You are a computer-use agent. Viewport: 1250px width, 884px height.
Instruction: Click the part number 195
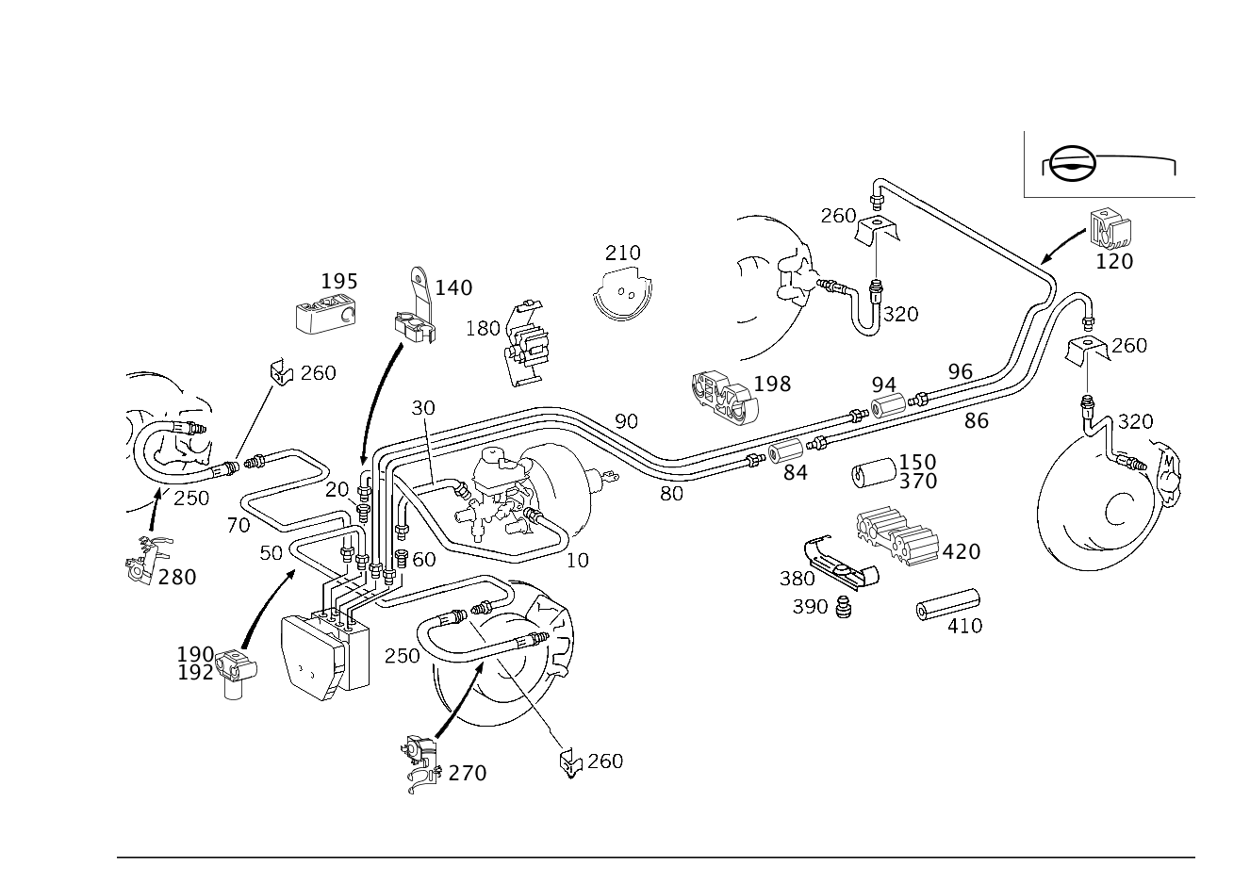tap(339, 281)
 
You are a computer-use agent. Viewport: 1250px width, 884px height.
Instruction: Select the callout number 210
tap(623, 254)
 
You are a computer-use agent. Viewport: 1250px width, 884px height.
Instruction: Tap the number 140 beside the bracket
tap(453, 287)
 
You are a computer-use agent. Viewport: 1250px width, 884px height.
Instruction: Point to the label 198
tap(772, 384)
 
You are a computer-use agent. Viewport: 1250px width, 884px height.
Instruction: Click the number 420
tap(962, 551)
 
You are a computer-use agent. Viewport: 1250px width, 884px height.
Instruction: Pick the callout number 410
tap(965, 626)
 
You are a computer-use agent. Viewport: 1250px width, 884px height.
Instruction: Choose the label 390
tap(811, 606)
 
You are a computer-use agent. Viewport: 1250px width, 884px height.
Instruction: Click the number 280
tap(177, 578)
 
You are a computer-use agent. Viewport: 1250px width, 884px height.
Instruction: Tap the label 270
tap(468, 773)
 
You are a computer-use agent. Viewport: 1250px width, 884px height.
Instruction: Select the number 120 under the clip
tap(1114, 262)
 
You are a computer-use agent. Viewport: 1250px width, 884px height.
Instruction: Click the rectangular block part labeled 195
tap(326, 314)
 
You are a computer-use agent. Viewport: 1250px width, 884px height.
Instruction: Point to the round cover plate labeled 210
tap(622, 294)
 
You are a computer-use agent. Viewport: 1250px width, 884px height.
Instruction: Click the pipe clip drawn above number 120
tap(1110, 229)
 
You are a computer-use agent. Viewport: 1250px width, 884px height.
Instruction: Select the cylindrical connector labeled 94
tap(888, 404)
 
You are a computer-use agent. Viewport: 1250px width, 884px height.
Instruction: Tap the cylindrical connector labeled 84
tap(785, 451)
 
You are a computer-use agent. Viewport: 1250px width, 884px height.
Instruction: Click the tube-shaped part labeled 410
tap(948, 604)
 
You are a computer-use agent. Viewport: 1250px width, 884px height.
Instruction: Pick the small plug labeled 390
tap(844, 607)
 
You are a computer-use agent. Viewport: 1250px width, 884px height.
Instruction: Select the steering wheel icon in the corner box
tap(1073, 164)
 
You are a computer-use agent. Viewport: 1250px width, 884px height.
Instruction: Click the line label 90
tap(626, 421)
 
